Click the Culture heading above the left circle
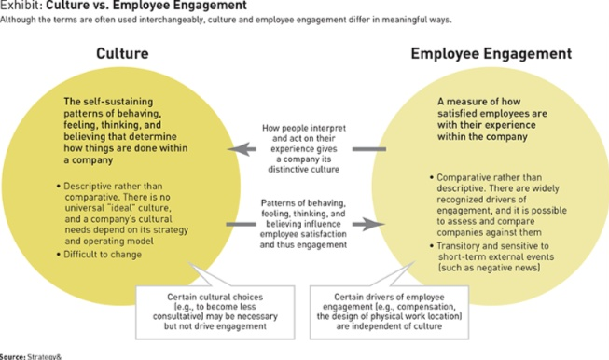point(122,54)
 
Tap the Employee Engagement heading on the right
point(491,54)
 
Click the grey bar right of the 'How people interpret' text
point(368,148)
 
